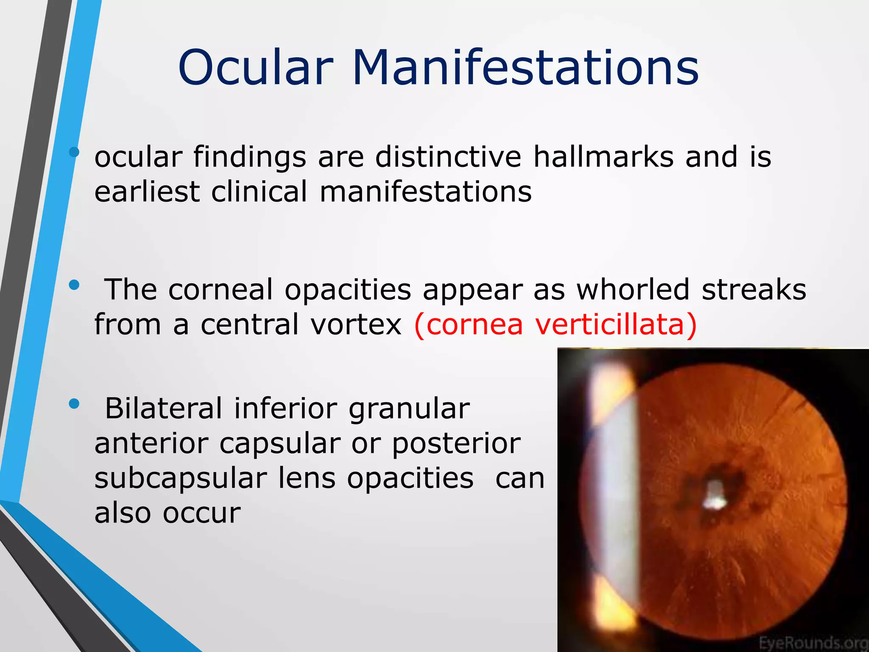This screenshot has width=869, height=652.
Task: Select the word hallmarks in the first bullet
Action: coord(603,157)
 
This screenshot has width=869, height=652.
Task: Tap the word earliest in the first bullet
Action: coord(147,191)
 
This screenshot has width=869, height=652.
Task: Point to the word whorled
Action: coord(632,289)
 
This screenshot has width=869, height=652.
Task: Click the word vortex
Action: coord(356,325)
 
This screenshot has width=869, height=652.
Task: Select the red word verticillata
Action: coord(615,325)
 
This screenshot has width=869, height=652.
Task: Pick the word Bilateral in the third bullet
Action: coord(163,408)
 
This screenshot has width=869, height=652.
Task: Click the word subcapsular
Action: coord(180,478)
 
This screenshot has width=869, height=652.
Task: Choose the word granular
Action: coord(409,409)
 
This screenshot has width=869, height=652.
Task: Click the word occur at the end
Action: coord(202,513)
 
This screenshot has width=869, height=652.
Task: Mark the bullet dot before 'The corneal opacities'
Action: coord(74,285)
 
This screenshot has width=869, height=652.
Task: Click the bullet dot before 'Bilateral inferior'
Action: coord(74,404)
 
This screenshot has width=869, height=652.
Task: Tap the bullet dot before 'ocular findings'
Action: coord(74,152)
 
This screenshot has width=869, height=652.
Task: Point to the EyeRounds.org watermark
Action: coord(813,642)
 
